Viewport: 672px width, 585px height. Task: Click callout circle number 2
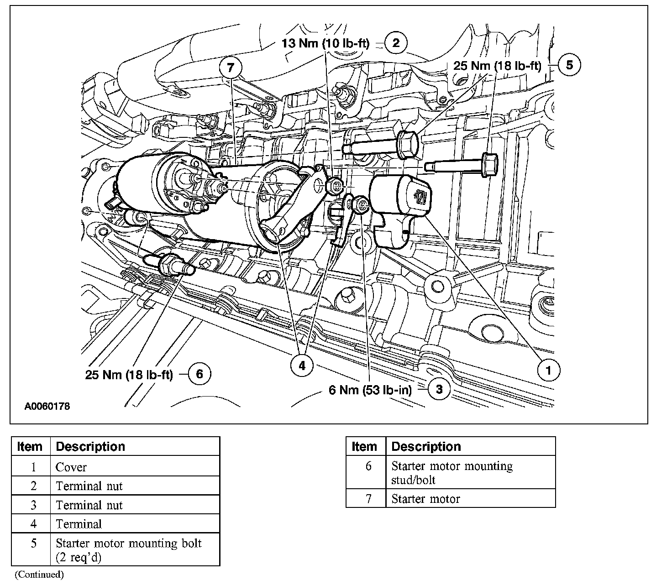[x=396, y=43]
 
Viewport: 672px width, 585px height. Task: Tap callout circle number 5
[x=569, y=65]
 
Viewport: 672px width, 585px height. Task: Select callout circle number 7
[x=230, y=68]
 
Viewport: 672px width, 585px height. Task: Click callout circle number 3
[x=439, y=389]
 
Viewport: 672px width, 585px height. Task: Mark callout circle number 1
[x=548, y=370]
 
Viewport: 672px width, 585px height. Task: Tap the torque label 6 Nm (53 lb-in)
[x=370, y=390]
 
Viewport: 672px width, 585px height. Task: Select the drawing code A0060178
[x=47, y=406]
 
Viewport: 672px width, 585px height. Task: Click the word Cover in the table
[x=71, y=467]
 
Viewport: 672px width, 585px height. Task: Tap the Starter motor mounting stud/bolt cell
[x=452, y=473]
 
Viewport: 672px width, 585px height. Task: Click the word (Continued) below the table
[x=39, y=574]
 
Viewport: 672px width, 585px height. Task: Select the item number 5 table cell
[x=33, y=544]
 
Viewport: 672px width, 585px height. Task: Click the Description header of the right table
[x=426, y=446]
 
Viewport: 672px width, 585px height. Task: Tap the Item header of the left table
[x=30, y=446]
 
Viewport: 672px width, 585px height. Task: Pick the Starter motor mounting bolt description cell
[x=128, y=550]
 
